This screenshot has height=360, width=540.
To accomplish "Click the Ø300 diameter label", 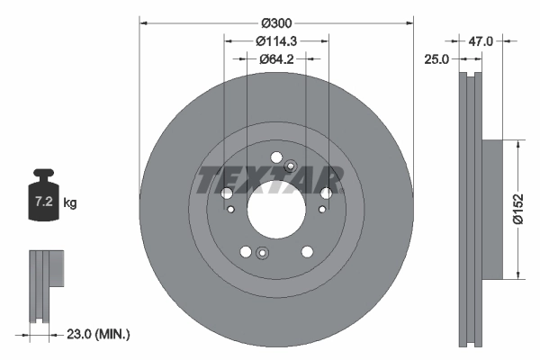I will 276,18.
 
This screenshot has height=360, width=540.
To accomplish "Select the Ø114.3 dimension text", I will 276,40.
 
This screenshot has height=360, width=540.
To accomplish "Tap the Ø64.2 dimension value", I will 276,59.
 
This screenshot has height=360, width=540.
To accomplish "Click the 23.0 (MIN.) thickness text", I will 98,333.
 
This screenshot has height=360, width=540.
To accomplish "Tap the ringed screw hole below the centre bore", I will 262,252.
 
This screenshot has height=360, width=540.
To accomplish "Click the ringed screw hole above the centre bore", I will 290,166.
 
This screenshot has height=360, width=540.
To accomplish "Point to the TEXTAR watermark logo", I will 270,180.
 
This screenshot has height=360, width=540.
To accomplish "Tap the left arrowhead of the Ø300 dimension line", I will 142,18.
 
